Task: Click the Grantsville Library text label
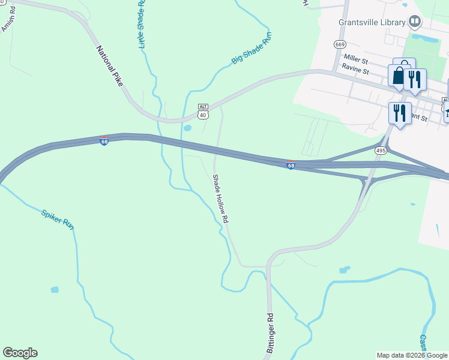click(x=372, y=22)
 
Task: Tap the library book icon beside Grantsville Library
click(x=414, y=22)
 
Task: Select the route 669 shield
click(x=340, y=44)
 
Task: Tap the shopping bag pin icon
click(x=399, y=76)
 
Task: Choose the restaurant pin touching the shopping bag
click(x=415, y=79)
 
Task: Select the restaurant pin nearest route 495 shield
click(x=399, y=112)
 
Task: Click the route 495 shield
click(x=381, y=151)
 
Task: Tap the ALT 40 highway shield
click(x=203, y=111)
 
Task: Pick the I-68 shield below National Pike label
click(x=104, y=142)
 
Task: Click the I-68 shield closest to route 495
click(x=291, y=165)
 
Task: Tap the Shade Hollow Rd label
click(x=221, y=199)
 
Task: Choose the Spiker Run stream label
click(x=58, y=218)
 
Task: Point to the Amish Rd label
click(x=8, y=20)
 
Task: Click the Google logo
click(x=20, y=353)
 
